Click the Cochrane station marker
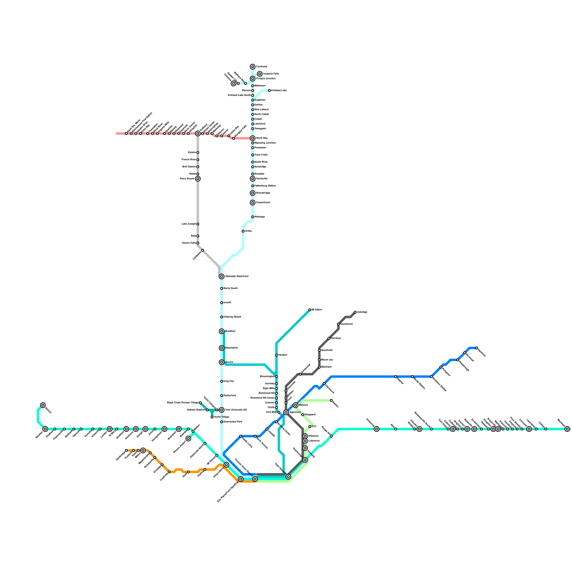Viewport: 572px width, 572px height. point(253,67)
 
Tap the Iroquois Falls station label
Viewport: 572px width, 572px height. point(271,74)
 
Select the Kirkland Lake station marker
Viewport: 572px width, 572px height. point(269,91)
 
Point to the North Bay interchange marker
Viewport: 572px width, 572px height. point(253,138)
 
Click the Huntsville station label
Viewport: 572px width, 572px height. point(262,178)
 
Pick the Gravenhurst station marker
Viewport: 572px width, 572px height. point(253,203)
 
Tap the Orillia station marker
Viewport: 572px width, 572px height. point(243,231)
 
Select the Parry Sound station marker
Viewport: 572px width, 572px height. point(198,179)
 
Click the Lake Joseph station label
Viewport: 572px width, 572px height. point(188,224)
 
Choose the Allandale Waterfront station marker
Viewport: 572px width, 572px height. point(222,276)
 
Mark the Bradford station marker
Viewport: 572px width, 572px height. point(222,331)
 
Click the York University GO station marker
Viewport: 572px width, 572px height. point(222,410)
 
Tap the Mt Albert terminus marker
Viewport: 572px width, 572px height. point(310,310)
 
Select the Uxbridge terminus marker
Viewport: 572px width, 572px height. point(355,312)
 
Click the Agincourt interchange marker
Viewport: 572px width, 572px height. point(286,412)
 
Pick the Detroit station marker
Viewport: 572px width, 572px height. point(43,405)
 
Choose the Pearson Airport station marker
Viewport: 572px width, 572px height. point(188,439)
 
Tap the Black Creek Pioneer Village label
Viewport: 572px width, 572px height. point(182,403)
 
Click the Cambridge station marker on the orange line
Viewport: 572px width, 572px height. point(126,450)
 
